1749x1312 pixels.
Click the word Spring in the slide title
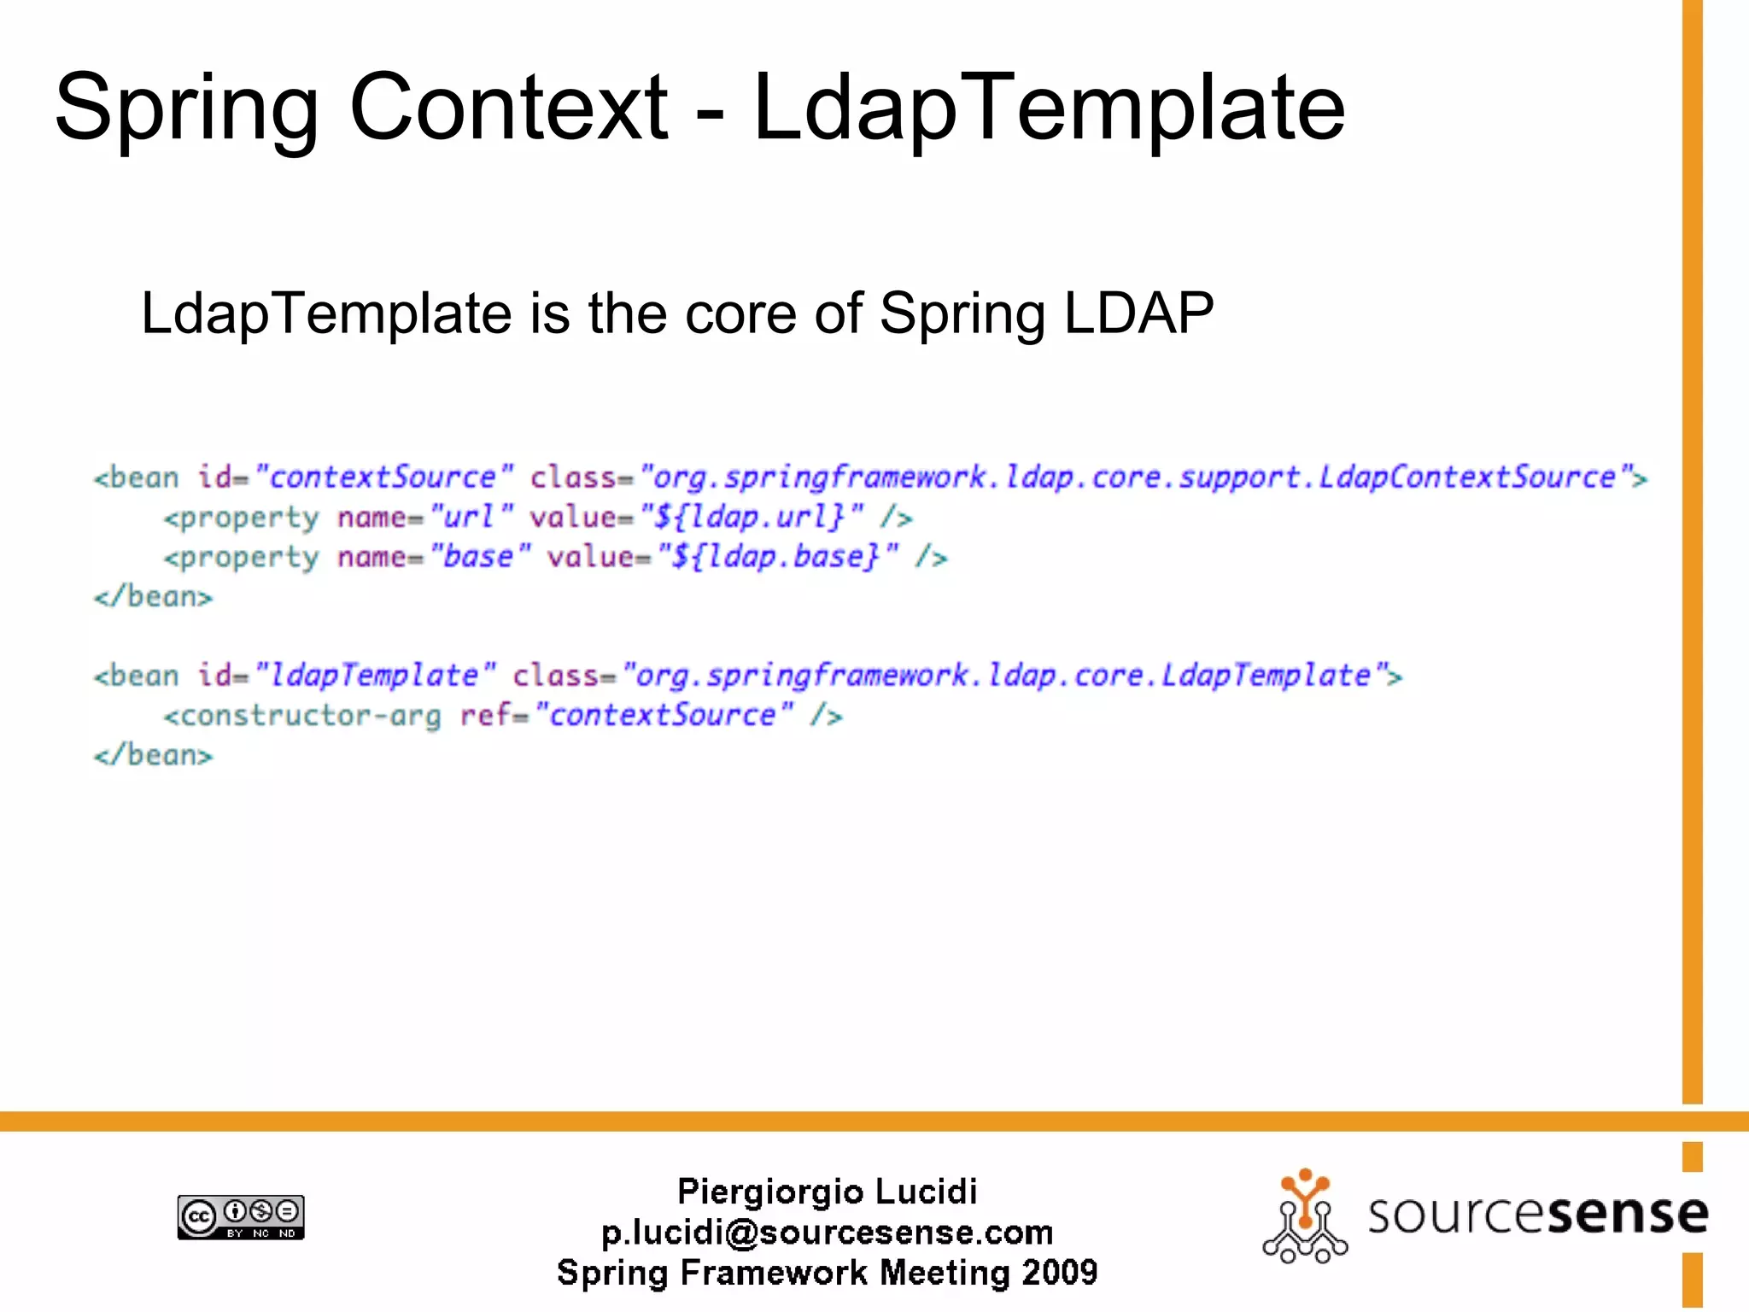(x=186, y=109)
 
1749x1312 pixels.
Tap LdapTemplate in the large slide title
(x=1049, y=109)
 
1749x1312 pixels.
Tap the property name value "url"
(x=471, y=517)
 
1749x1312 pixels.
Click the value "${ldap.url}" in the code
(x=752, y=517)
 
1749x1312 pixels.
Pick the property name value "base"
(x=479, y=557)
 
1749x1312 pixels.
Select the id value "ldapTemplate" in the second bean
(x=375, y=676)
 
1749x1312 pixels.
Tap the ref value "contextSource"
(x=663, y=715)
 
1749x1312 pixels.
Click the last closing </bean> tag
(x=154, y=755)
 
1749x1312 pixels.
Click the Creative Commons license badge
(x=241, y=1217)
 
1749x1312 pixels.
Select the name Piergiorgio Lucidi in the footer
(x=827, y=1192)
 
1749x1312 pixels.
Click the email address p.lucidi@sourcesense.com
(x=827, y=1233)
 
